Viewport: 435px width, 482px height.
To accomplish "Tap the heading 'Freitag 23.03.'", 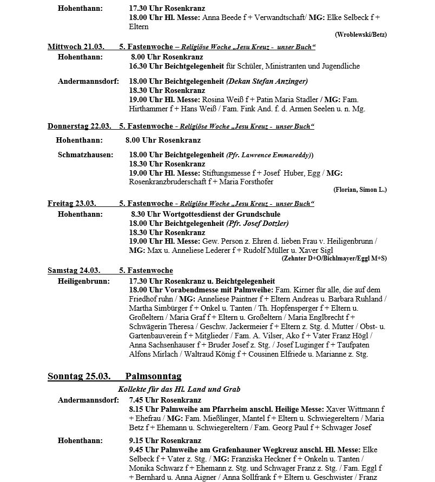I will point(72,204).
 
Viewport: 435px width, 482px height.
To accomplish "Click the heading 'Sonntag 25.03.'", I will point(79,376).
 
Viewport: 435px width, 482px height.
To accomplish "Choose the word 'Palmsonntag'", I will point(153,376).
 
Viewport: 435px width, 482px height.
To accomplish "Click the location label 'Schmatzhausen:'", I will point(85,155).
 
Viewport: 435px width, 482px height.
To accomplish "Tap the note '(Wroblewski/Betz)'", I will point(360,35).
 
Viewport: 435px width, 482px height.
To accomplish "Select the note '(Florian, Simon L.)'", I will point(360,190).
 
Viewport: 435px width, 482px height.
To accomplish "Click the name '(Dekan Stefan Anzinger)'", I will point(267,82).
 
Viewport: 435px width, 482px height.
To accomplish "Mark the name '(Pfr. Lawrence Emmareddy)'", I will point(269,155).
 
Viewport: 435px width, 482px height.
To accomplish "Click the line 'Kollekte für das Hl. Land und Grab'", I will point(179,389).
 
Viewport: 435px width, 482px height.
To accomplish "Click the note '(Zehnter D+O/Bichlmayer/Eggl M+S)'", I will point(334,258).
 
